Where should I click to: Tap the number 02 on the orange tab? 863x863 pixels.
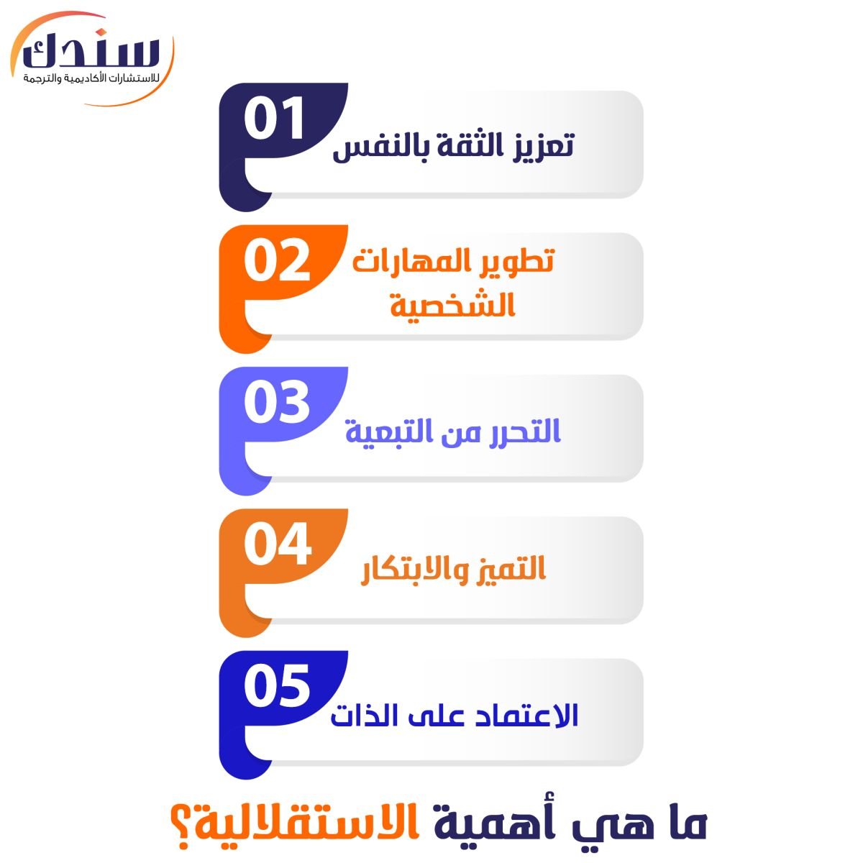(x=277, y=262)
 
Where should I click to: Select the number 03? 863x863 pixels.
(x=277, y=403)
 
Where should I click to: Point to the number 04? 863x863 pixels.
(x=277, y=545)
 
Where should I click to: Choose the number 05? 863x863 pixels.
(x=277, y=688)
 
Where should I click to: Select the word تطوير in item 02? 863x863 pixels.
(x=518, y=262)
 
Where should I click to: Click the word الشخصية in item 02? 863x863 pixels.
(x=453, y=306)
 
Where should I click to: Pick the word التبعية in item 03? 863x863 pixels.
(x=382, y=433)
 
